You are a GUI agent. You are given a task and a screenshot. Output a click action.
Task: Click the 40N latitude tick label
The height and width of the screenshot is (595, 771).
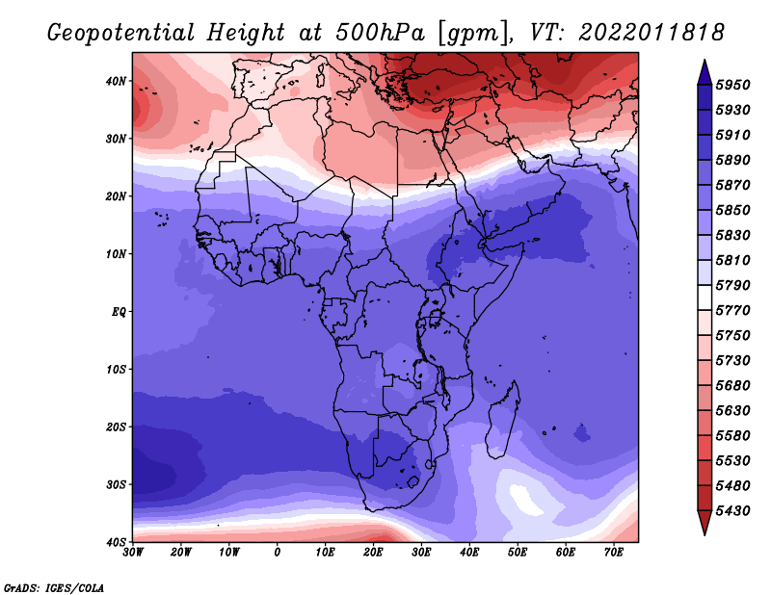point(116,81)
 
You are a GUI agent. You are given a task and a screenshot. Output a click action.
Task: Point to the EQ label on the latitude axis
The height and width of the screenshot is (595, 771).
point(119,312)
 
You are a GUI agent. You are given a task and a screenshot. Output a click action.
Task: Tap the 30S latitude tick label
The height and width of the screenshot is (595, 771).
point(116,484)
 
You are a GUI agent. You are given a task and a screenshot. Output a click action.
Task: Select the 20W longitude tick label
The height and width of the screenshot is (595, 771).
point(180,553)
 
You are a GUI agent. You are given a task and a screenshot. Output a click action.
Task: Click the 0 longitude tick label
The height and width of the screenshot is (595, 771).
point(278,553)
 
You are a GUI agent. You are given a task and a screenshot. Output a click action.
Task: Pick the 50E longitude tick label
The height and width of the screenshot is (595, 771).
point(518,553)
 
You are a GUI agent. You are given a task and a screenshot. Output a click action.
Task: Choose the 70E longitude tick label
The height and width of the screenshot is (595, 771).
point(613,553)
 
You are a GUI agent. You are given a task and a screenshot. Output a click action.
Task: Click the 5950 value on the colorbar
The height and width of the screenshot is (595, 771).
point(732,85)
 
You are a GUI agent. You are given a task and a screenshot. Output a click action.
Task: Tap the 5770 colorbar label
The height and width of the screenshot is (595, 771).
point(732,311)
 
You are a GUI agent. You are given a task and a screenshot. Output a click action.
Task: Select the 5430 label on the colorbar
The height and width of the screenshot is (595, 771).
point(732,511)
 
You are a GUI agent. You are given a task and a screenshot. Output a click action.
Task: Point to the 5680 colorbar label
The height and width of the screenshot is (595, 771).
point(732,386)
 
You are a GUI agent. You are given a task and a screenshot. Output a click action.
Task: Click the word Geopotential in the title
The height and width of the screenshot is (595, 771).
point(121,33)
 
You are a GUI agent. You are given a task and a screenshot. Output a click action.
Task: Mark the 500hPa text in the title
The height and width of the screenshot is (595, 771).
point(380,33)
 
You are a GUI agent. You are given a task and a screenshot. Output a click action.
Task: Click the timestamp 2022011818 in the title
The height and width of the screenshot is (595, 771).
point(651,33)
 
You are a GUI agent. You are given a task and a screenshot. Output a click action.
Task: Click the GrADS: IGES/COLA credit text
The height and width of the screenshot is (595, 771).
point(54,588)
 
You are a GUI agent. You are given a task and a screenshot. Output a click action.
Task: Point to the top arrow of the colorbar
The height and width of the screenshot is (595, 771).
point(705,72)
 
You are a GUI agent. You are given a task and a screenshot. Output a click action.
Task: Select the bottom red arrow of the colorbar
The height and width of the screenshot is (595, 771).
point(705,523)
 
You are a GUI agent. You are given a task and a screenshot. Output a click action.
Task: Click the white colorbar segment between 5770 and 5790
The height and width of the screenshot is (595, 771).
point(705,297)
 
